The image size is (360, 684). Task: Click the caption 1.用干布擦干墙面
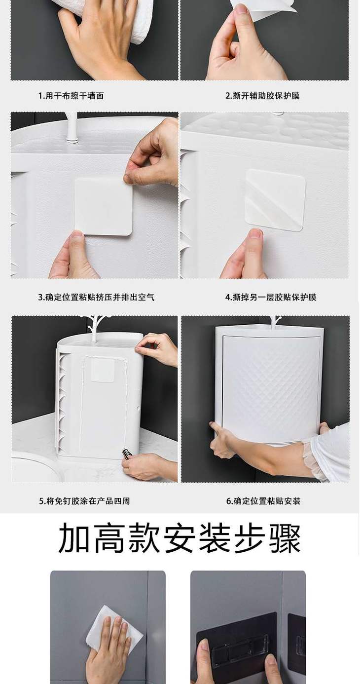(x=71, y=96)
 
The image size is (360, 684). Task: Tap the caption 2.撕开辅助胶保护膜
(x=262, y=96)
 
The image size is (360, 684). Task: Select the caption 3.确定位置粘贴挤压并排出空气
(x=96, y=297)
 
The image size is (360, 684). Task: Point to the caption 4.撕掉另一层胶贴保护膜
(x=271, y=297)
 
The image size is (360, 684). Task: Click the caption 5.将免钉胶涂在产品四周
(x=84, y=501)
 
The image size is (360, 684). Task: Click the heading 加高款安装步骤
(x=180, y=538)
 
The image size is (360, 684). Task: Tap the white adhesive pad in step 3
(x=104, y=206)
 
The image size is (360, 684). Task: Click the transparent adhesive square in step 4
(x=275, y=200)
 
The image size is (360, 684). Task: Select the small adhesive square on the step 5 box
(x=103, y=370)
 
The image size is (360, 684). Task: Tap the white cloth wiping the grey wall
(x=115, y=626)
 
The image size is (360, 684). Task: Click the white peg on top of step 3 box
(x=72, y=128)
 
